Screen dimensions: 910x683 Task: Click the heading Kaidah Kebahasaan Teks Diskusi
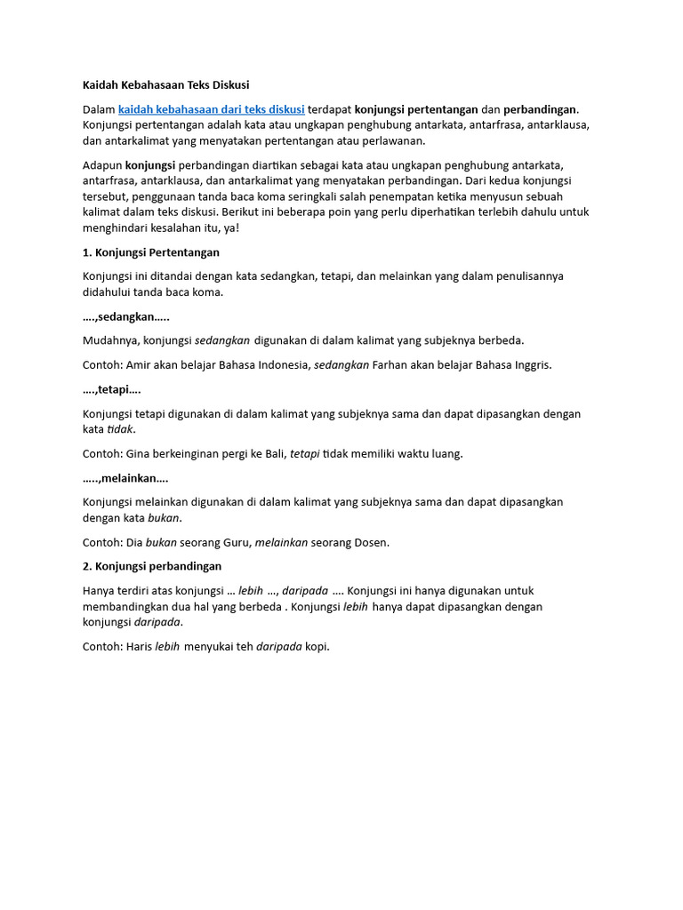166,85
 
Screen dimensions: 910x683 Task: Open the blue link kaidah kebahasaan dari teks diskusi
211,108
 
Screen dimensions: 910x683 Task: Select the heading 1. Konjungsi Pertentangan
150,252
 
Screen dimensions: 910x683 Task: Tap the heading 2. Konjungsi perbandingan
152,566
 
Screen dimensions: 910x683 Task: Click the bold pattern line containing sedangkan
125,316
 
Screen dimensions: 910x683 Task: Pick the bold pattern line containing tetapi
111,389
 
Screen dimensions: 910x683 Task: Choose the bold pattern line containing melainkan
125,478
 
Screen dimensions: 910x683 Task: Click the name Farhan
391,364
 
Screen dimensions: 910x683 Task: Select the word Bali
273,453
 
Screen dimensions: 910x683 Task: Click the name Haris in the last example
139,646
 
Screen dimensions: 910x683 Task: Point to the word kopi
317,646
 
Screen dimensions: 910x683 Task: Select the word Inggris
531,364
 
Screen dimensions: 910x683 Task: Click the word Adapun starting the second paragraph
102,165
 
